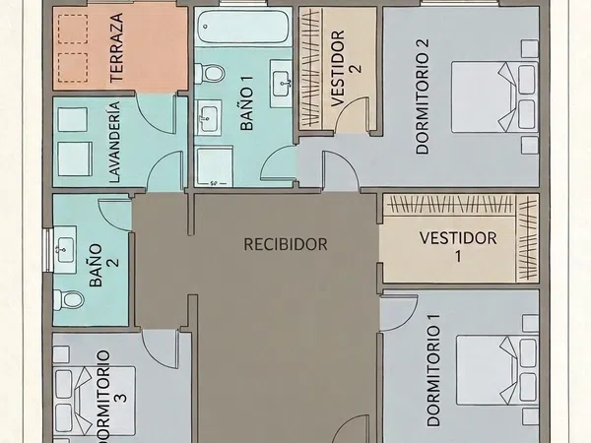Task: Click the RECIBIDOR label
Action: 286,244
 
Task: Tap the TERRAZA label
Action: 117,48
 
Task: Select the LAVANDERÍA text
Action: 114,142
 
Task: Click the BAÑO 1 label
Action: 246,103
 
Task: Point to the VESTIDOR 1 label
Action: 458,247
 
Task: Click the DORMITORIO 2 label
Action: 423,96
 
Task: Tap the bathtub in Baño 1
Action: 244,27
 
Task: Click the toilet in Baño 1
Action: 210,73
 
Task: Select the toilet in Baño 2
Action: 69,300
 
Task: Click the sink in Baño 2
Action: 65,249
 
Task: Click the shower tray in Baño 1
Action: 214,167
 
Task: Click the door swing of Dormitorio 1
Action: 400,314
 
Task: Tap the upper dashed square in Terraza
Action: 73,29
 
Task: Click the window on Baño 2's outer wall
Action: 48,250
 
